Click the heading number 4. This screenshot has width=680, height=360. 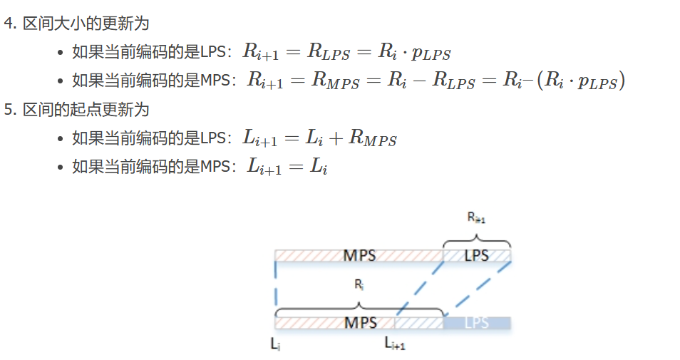pos(9,24)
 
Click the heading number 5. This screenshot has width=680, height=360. pos(9,110)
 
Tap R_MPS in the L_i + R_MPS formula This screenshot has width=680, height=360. pos(372,139)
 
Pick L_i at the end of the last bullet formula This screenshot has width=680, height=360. pos(317,168)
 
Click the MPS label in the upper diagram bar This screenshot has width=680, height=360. pos(359,255)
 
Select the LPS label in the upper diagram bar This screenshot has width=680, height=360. pos(477,255)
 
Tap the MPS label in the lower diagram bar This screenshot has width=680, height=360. pos(360,323)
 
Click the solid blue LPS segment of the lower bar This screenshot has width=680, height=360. pos(477,323)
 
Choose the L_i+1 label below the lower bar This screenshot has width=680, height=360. pos(394,344)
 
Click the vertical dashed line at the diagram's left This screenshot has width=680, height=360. pos(276,285)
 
